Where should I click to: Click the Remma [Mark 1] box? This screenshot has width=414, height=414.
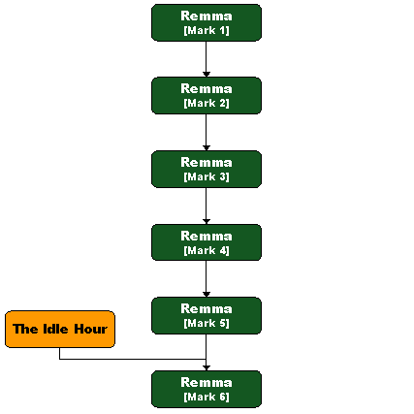click(207, 22)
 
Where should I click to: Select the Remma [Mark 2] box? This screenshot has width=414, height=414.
click(207, 96)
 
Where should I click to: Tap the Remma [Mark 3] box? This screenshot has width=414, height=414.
click(207, 169)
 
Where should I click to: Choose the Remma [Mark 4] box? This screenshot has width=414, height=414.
click(207, 242)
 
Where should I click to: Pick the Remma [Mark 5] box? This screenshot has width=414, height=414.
click(207, 316)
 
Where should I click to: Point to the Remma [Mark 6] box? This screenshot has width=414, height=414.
click(207, 389)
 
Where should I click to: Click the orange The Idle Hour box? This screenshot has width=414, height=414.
click(60, 330)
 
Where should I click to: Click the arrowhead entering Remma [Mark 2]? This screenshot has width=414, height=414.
click(207, 75)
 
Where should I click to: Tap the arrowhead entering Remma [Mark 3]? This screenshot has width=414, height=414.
click(207, 147)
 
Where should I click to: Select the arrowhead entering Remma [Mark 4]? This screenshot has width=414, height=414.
click(207, 221)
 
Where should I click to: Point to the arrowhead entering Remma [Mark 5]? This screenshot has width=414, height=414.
click(207, 295)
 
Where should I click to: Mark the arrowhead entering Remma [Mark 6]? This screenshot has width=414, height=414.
click(207, 367)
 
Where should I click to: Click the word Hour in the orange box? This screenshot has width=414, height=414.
click(90, 329)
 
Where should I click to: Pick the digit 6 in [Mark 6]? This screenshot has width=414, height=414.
click(223, 397)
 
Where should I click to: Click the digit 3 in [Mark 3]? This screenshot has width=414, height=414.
click(223, 176)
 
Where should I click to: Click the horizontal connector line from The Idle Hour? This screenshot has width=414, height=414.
click(133, 359)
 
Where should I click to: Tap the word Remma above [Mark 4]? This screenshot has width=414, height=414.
click(207, 237)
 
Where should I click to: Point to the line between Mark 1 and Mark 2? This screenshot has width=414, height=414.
click(207, 56)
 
